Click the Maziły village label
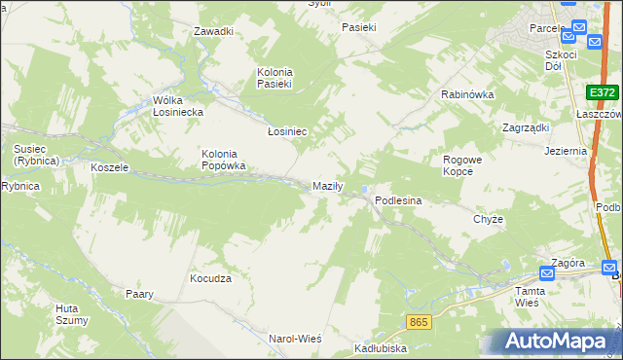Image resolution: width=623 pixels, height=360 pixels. (x=325, y=186)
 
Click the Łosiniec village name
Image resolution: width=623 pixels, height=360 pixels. (x=287, y=130)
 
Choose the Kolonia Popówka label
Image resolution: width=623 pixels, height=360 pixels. (x=223, y=160)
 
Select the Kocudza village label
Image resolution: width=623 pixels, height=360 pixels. (x=210, y=278)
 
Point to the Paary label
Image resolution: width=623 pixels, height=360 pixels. (x=139, y=293)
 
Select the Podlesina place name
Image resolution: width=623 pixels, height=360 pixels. (x=398, y=200)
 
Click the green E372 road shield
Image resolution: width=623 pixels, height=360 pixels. (x=603, y=92)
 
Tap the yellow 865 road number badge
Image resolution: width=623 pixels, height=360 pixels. (x=419, y=320)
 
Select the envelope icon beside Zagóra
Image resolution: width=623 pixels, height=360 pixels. (x=547, y=274)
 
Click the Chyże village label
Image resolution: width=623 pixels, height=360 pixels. (x=488, y=219)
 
